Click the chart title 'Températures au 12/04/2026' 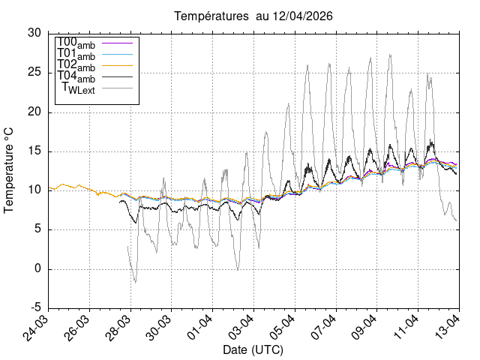[253, 16]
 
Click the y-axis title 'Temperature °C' [10, 170]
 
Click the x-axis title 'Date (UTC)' [253, 350]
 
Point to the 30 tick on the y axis [34, 34]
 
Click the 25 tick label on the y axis [34, 73]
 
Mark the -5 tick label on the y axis [34, 308]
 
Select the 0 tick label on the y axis [38, 269]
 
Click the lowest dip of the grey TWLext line [136, 282]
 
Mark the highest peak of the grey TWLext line [390, 54]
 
